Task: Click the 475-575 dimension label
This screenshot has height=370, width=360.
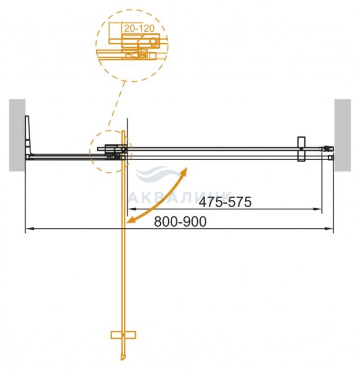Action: click(225, 202)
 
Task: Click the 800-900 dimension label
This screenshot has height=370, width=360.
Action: click(180, 222)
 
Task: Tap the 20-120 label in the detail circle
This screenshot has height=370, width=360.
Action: click(139, 29)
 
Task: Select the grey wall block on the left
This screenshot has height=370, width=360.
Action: click(17, 135)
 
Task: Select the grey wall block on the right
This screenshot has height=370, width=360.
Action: click(343, 135)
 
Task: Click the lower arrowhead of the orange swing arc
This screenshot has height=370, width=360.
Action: click(130, 220)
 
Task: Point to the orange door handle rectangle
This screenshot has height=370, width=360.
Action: click(123, 335)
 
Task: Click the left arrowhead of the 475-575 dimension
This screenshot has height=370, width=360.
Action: click(130, 209)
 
